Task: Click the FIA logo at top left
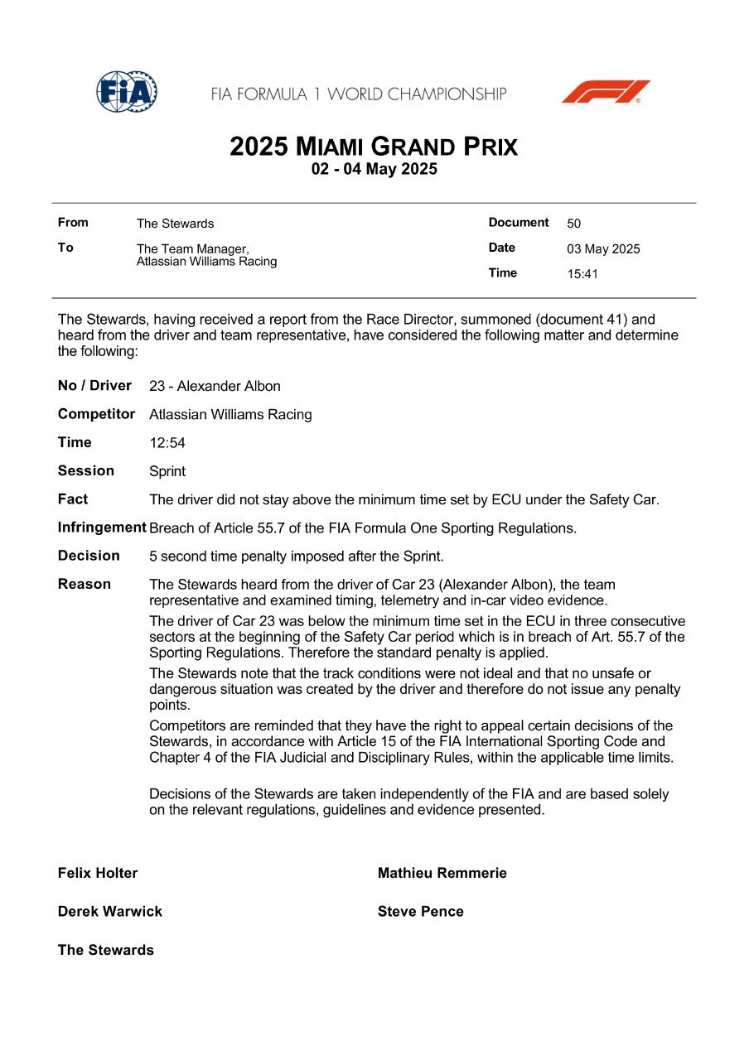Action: (127, 92)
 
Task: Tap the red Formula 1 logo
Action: (606, 92)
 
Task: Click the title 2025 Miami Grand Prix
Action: (374, 147)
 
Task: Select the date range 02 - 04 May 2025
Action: (374, 170)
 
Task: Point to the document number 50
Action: (574, 224)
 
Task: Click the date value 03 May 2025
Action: (603, 249)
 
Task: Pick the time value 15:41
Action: (582, 274)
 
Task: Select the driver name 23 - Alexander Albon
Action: (215, 387)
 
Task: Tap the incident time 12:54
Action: (167, 443)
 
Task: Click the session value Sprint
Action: (167, 472)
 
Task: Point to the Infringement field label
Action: (102, 528)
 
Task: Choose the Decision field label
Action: (89, 556)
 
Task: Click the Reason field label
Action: (85, 584)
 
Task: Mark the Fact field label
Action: (73, 499)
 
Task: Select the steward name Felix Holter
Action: (98, 873)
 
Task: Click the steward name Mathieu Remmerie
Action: (442, 873)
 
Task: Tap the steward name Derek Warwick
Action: (110, 912)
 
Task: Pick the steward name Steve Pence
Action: (420, 912)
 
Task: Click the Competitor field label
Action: (96, 414)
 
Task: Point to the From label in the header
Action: (73, 223)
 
